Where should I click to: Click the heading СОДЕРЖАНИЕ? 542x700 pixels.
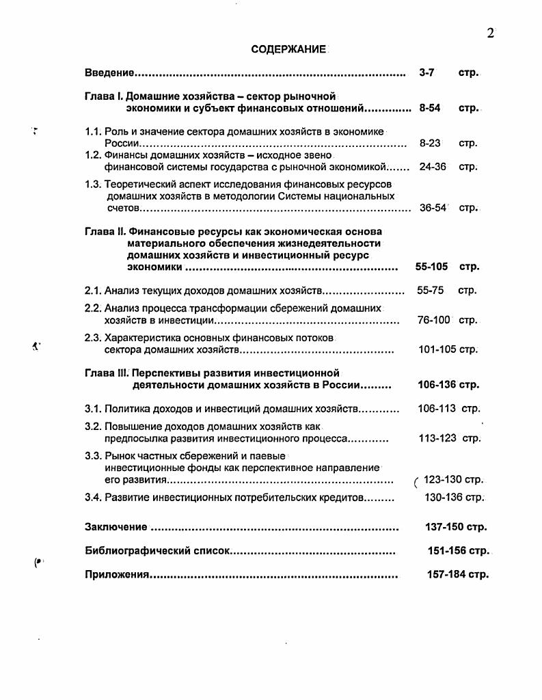point(288,50)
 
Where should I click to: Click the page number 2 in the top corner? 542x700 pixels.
point(490,33)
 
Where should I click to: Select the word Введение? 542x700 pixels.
point(109,72)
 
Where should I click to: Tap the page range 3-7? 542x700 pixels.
point(426,72)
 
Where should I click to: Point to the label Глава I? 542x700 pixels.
point(103,96)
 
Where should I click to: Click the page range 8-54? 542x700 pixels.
point(429,108)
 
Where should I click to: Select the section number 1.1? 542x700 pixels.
point(93,132)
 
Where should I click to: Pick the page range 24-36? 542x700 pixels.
point(432,166)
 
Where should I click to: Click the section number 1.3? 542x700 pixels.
point(93,185)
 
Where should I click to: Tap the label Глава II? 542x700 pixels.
point(105,231)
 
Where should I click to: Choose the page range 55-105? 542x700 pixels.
point(431,267)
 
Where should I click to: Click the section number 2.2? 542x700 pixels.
point(93,308)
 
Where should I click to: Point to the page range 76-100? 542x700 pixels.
point(434,320)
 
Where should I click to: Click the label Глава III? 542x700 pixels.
point(106,373)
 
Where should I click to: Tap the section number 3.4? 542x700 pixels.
point(93,498)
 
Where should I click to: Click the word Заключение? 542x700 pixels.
point(116,527)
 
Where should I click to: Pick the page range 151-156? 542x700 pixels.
point(447,550)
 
